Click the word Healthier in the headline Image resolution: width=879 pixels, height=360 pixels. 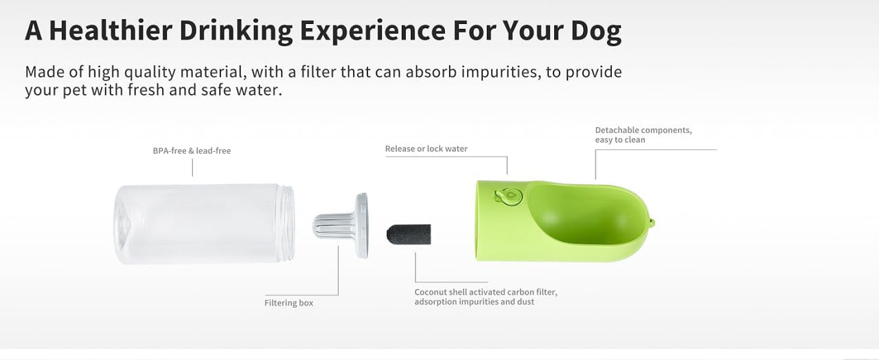tap(111, 30)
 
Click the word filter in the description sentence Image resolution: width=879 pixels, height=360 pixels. tap(318, 72)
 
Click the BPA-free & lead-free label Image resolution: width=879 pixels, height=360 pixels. tap(192, 150)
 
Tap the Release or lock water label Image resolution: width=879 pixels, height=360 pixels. tap(426, 149)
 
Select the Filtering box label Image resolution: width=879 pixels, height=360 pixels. tap(289, 303)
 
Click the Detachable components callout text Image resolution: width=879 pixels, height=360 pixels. tap(643, 135)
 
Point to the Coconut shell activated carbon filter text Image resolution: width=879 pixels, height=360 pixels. tap(486, 297)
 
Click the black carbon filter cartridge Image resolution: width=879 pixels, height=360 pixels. tap(409, 234)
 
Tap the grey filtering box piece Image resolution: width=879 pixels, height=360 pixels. tap(341, 226)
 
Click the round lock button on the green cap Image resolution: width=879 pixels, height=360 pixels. tap(509, 196)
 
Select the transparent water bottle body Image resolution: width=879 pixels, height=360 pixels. tap(204, 224)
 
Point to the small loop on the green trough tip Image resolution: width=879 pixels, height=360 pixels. tap(652, 223)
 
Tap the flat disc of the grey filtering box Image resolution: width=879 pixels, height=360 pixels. tap(362, 226)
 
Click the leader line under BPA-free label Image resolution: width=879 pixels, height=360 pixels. tap(192, 168)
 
